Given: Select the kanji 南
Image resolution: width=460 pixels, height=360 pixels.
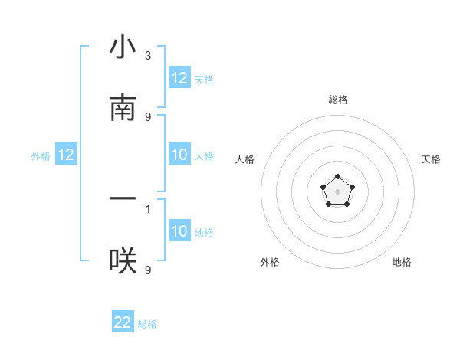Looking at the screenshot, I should pyautogui.click(x=123, y=109).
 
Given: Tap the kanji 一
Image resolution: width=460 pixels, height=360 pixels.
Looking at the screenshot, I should pyautogui.click(x=123, y=199).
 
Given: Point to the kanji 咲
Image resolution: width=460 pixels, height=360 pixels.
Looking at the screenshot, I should pyautogui.click(x=123, y=261).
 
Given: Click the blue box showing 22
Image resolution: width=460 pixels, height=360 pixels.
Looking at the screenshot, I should pyautogui.click(x=123, y=322).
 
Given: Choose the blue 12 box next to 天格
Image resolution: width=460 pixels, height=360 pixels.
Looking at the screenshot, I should pyautogui.click(x=179, y=78).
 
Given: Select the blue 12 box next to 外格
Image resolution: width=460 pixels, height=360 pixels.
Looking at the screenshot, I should pyautogui.click(x=66, y=155).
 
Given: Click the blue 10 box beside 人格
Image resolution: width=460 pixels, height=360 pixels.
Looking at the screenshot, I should pyautogui.click(x=179, y=155).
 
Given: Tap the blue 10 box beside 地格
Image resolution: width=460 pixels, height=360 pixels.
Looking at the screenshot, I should pyautogui.click(x=179, y=231).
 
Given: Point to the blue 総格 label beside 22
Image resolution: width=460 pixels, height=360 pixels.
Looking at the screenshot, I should pyautogui.click(x=147, y=324).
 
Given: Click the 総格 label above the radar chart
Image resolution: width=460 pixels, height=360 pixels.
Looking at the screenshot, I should pyautogui.click(x=337, y=100).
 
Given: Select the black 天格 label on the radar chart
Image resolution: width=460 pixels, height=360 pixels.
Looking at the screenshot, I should pyautogui.click(x=431, y=159).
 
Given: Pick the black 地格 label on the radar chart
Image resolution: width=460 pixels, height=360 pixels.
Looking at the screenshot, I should pyautogui.click(x=402, y=262).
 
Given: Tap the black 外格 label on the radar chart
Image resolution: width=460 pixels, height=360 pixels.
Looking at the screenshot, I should pyautogui.click(x=270, y=262).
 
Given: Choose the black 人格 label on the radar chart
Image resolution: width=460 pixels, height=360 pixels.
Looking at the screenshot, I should pyautogui.click(x=245, y=159).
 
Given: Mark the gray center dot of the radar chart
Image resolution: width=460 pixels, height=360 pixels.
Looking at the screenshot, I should pyautogui.click(x=337, y=190).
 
